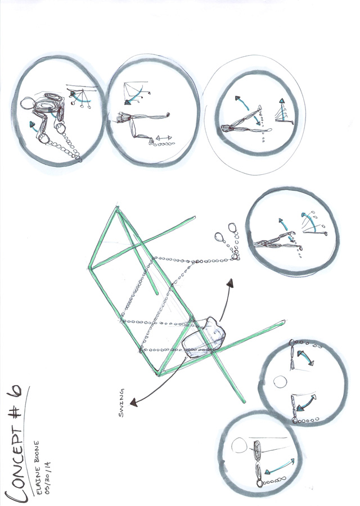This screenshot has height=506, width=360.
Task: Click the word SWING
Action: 121,403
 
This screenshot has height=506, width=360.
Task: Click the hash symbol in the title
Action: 16,410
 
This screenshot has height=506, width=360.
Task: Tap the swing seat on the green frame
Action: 204,337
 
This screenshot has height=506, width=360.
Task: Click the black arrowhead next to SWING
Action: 133,402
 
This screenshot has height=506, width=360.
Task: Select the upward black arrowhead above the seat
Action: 230,283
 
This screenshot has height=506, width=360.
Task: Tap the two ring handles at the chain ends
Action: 226,233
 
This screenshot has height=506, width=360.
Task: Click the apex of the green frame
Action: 116,209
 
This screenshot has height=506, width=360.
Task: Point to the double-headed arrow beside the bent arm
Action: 164,138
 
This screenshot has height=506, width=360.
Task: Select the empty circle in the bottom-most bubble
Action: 239,446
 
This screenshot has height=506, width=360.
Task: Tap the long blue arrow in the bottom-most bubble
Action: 280,466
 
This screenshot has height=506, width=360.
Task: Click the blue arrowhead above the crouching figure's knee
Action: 32,124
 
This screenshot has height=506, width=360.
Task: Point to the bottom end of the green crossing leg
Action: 244,401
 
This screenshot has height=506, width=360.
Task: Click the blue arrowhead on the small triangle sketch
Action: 282,102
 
